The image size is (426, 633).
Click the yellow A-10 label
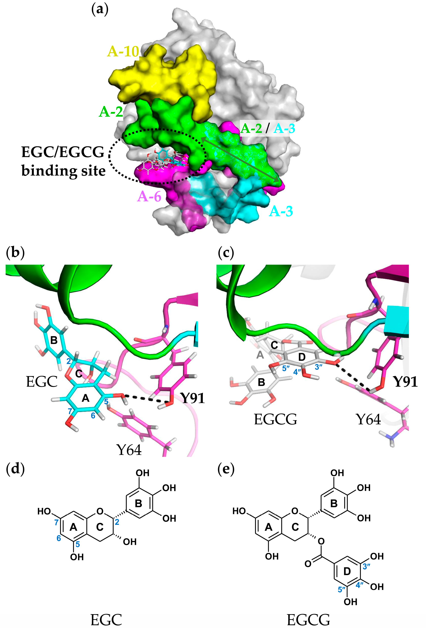pos(123,51)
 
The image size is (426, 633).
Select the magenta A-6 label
pos(149,196)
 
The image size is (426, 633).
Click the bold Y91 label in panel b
pos(193,398)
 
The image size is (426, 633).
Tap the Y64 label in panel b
pos(129,450)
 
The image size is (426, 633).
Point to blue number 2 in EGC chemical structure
pos(117,522)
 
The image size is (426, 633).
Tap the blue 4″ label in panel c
pos(297,372)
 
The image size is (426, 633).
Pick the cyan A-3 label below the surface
pos(281,211)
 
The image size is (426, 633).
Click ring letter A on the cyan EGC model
pos(86,398)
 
